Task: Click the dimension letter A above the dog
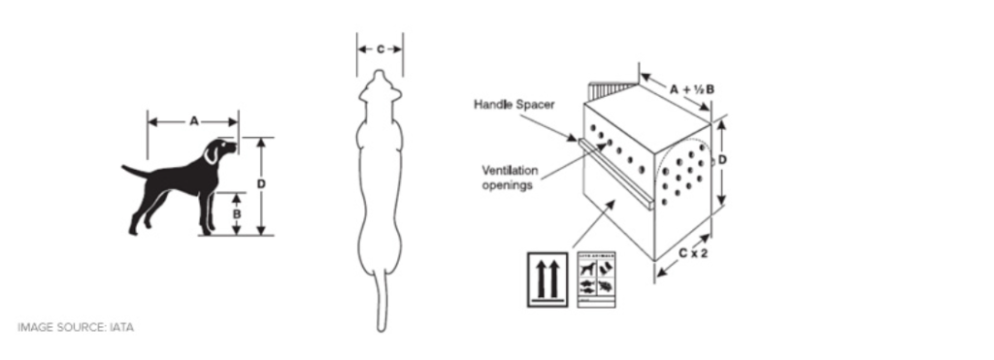click(193, 121)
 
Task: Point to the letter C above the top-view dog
click(380, 48)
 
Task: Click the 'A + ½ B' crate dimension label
click(693, 89)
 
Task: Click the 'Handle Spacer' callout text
click(514, 104)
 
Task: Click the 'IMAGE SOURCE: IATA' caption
click(76, 328)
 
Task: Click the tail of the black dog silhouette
click(134, 172)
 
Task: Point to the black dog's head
click(218, 149)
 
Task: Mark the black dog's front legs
click(206, 209)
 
